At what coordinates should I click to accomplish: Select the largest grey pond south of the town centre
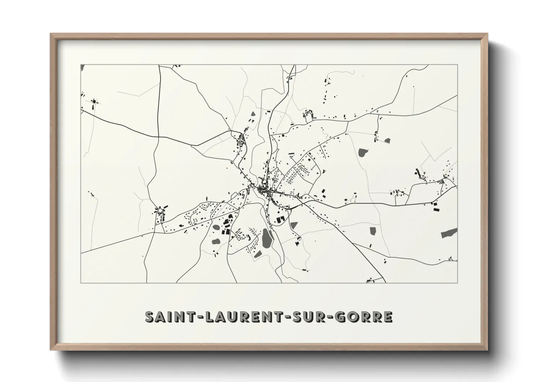267,239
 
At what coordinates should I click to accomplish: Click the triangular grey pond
294,225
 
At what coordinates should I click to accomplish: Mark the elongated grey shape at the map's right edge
449,233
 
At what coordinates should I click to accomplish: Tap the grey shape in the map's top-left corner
82,67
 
